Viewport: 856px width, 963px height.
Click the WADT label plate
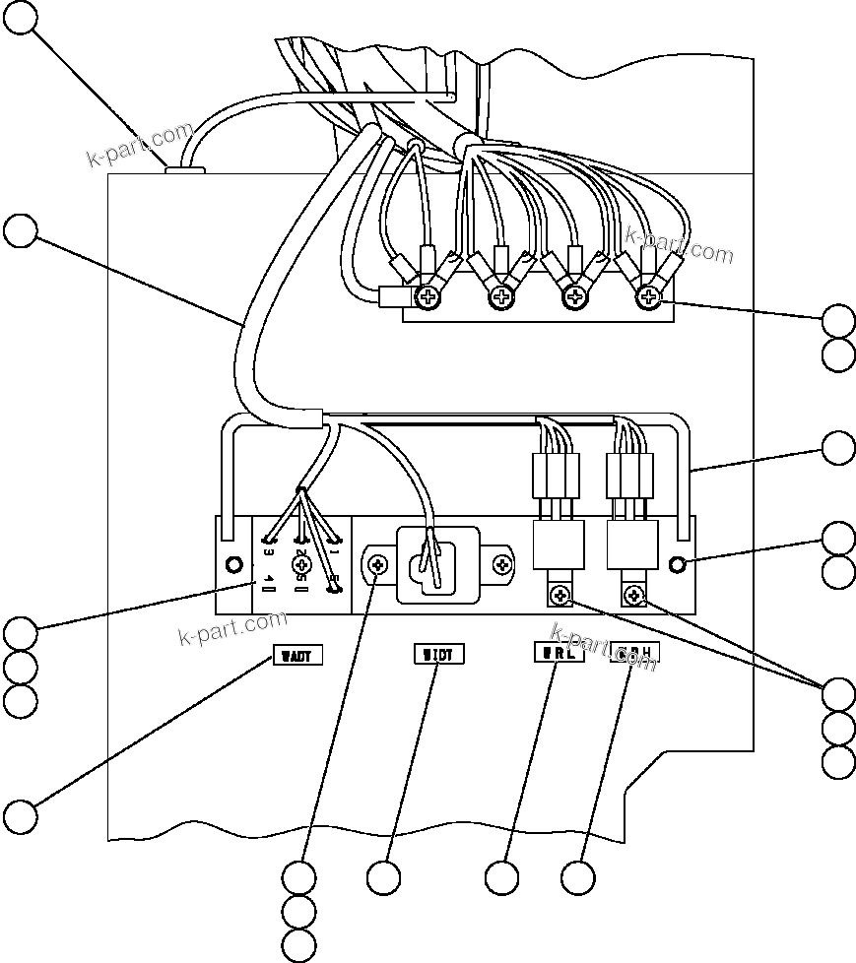pyautogui.click(x=296, y=655)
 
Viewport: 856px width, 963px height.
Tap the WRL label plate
pyautogui.click(x=558, y=653)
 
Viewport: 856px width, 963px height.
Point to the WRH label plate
pyautogui.click(x=634, y=652)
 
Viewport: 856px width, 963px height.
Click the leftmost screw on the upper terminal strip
pyautogui.click(x=429, y=295)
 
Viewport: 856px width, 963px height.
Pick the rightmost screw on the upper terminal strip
pyautogui.click(x=648, y=295)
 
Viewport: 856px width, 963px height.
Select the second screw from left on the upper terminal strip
pyautogui.click(x=502, y=295)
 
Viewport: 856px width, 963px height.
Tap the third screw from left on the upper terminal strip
pyautogui.click(x=575, y=295)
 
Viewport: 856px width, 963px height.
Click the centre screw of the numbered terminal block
pyautogui.click(x=302, y=564)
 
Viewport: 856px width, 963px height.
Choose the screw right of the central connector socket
pyautogui.click(x=503, y=565)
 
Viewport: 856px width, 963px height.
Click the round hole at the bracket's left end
pyautogui.click(x=234, y=565)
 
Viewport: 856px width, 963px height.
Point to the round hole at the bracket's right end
pyautogui.click(x=678, y=564)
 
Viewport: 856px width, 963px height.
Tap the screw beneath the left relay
pyautogui.click(x=560, y=593)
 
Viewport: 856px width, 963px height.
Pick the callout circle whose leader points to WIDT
pyautogui.click(x=383, y=876)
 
